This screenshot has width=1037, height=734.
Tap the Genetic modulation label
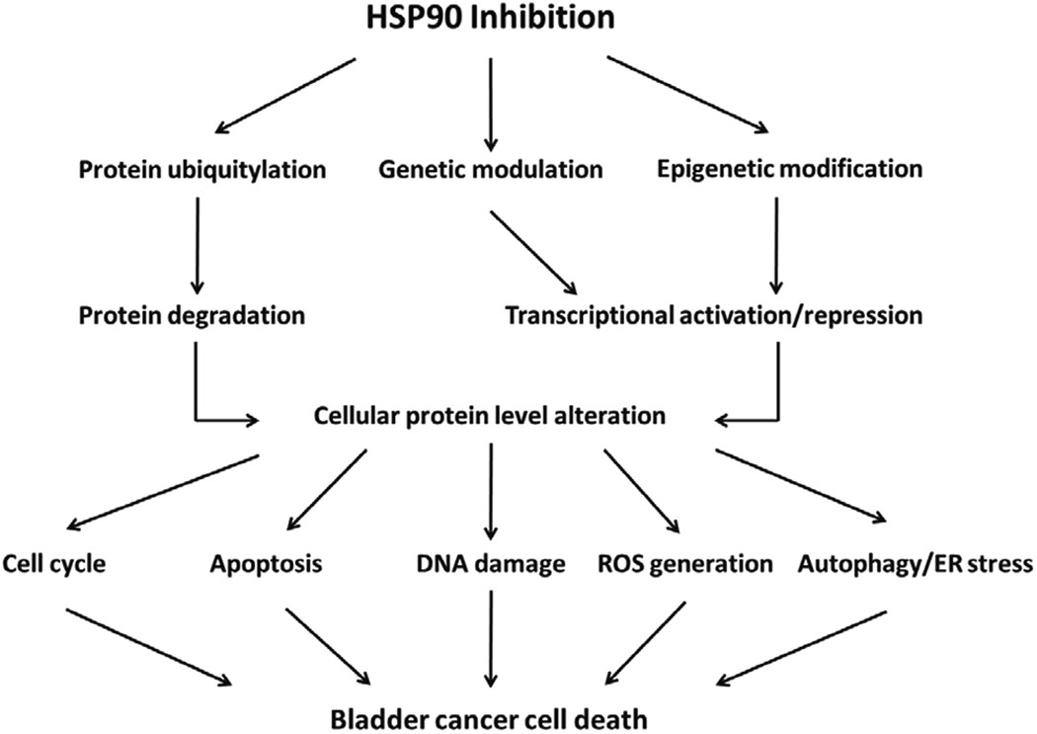(x=490, y=169)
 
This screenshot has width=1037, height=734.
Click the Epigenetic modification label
(x=788, y=169)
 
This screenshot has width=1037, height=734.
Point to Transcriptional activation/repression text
(x=714, y=317)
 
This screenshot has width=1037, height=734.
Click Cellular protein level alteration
(x=490, y=417)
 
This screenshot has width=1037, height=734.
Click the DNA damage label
(x=490, y=565)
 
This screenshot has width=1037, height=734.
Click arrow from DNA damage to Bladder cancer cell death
(x=490, y=637)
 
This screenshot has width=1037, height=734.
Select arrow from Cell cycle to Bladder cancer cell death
(x=148, y=642)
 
